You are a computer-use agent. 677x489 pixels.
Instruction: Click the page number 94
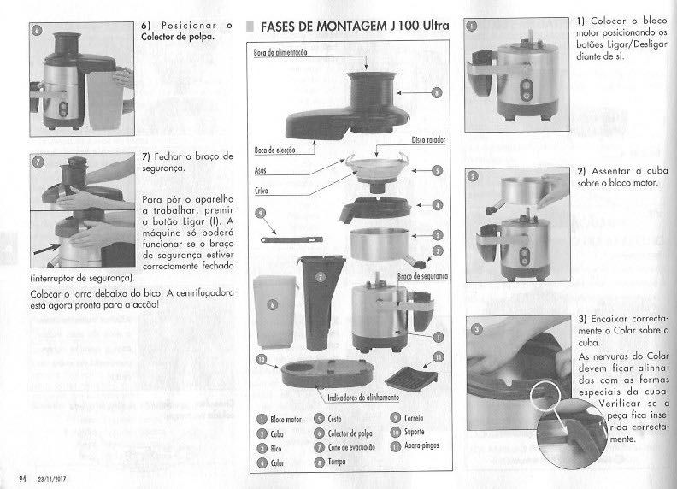11,476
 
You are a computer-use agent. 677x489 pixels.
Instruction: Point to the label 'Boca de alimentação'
280,53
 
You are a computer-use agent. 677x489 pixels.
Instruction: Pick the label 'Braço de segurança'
423,276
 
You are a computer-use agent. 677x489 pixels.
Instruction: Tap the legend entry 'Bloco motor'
286,420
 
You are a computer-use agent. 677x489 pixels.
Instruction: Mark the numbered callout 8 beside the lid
436,91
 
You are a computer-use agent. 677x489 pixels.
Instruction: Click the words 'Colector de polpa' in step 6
178,37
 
